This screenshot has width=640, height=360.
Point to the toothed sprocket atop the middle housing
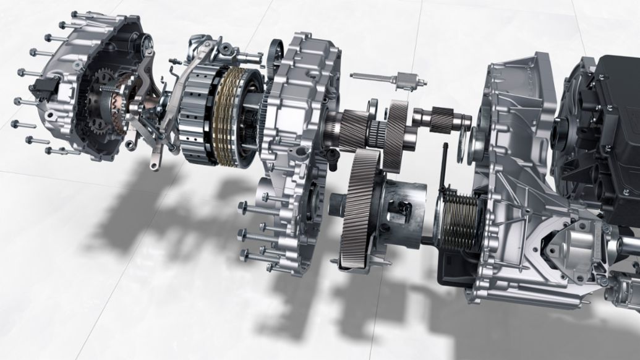[x=275, y=55]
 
